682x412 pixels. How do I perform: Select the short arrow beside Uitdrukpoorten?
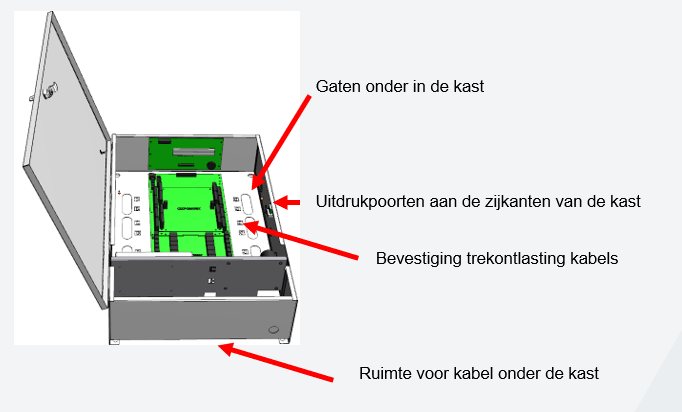tap(287, 202)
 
